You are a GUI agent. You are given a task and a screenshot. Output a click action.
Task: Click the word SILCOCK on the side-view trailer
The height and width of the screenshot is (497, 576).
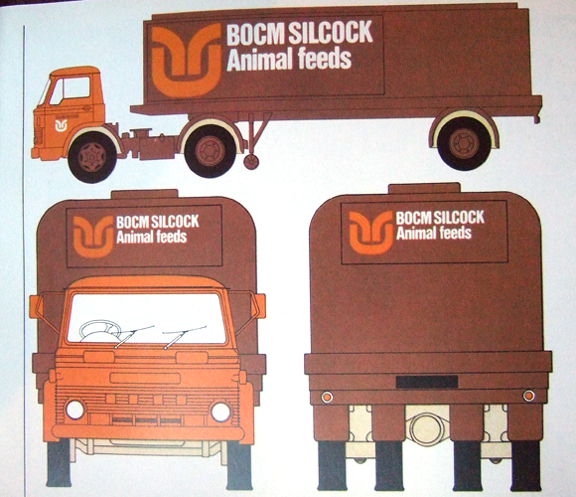(x=331, y=33)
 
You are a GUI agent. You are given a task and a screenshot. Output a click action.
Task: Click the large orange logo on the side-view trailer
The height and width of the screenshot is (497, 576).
(x=187, y=60)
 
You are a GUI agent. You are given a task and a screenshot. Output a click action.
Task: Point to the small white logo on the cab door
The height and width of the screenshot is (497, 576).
(x=61, y=125)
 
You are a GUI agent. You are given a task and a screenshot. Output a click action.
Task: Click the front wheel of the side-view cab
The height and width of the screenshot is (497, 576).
(x=92, y=157)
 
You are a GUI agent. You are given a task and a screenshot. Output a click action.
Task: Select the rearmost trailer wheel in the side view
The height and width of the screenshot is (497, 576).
(x=464, y=143)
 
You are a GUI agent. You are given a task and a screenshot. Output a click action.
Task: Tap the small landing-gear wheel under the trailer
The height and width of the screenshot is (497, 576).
(x=251, y=162)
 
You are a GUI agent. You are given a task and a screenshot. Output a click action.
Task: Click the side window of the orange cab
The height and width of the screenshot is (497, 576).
(x=76, y=87)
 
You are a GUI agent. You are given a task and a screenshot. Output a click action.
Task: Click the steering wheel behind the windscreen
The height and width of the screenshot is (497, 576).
(x=100, y=330)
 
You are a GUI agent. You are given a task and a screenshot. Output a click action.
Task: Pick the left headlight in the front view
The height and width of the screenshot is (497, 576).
(x=74, y=410)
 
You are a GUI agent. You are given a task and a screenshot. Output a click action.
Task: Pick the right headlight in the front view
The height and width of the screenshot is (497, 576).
(x=220, y=412)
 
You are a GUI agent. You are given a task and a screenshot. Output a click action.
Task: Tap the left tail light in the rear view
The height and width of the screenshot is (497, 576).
(x=327, y=397)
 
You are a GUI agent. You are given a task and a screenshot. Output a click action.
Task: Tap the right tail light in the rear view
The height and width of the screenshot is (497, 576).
(x=528, y=396)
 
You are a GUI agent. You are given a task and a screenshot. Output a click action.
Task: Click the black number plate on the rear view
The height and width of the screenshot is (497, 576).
(x=427, y=382)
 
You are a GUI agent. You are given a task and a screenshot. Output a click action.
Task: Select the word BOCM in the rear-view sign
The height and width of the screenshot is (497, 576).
(x=411, y=219)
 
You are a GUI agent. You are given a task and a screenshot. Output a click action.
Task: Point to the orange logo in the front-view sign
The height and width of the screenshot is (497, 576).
(x=93, y=237)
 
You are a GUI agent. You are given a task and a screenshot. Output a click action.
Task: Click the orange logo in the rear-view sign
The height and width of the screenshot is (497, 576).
(x=371, y=233)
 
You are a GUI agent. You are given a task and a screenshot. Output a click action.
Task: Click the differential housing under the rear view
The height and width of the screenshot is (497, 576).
(x=427, y=428)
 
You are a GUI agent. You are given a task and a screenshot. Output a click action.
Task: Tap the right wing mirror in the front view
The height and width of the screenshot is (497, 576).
(x=258, y=306)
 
